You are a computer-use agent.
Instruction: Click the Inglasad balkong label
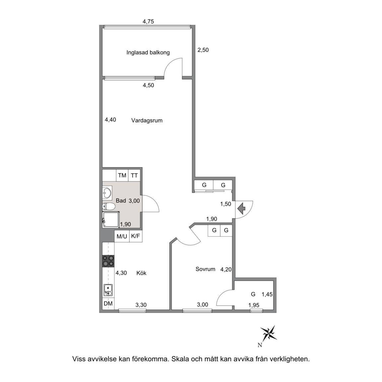click(148, 53)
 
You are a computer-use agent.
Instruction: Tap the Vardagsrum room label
click(147, 121)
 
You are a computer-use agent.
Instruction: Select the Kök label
click(141, 273)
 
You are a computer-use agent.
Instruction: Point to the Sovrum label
click(205, 269)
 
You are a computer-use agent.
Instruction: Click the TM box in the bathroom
click(122, 175)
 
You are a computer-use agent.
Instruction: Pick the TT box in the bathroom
click(134, 175)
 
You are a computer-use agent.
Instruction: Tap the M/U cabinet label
click(122, 236)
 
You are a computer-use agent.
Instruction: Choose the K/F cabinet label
click(136, 236)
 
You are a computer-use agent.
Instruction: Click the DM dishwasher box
click(108, 303)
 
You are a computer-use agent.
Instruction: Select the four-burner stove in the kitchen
click(108, 261)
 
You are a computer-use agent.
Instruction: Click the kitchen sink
click(108, 290)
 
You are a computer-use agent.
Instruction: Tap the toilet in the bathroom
click(109, 207)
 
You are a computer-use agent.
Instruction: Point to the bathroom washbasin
click(107, 193)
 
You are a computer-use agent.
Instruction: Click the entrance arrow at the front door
click(241, 209)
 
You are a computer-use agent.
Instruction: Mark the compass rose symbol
click(268, 333)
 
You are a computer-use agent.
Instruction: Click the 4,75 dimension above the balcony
click(148, 22)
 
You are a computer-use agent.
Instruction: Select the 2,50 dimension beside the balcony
click(203, 50)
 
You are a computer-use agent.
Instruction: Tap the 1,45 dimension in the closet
click(267, 294)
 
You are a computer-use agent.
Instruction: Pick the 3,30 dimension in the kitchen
click(141, 305)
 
